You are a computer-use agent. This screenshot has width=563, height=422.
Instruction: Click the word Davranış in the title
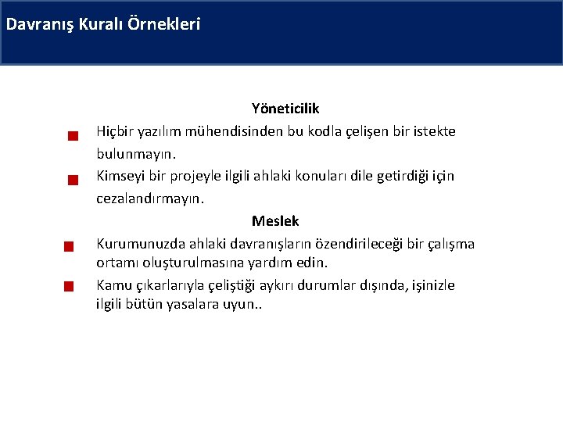click(x=40, y=24)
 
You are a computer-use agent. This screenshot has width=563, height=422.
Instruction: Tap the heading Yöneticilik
click(x=285, y=108)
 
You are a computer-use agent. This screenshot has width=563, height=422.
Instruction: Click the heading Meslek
click(x=275, y=221)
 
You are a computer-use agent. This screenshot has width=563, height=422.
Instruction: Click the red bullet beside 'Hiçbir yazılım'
click(x=70, y=136)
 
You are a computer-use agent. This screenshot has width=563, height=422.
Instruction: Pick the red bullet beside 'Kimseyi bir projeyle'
click(x=70, y=181)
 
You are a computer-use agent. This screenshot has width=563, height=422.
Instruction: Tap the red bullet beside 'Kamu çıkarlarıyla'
click(x=69, y=286)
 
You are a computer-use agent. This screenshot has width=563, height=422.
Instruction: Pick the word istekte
click(x=432, y=131)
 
